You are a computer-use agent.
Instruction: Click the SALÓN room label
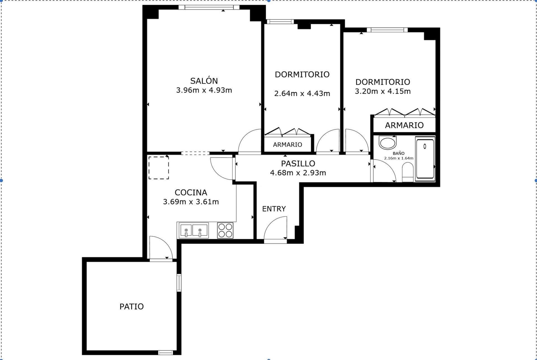[x=204, y=80]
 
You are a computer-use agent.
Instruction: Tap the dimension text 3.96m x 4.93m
[x=204, y=90]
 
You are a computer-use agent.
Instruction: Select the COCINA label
[x=191, y=192]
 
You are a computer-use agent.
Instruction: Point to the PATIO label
[x=131, y=307]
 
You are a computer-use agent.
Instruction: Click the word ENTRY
[x=274, y=209]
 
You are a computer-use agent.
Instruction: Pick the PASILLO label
[x=298, y=163]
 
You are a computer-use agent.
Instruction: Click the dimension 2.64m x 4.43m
[x=302, y=93]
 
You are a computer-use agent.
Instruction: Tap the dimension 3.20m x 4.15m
[x=383, y=91]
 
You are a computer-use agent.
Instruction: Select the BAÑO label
[x=399, y=153]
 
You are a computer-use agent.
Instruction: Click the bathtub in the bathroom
[x=425, y=159]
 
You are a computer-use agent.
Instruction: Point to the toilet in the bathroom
[x=408, y=172]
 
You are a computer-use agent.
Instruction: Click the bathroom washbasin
[x=388, y=143]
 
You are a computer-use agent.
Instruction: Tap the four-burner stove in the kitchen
[x=225, y=230]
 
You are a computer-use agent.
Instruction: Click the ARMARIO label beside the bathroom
[x=404, y=125]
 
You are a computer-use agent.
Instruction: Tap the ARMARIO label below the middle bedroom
[x=288, y=145]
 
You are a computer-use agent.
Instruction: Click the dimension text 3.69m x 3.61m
[x=191, y=202]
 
